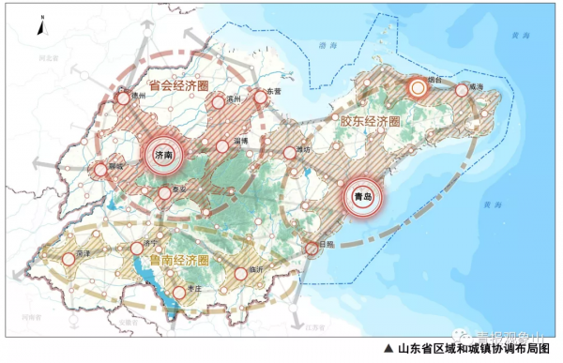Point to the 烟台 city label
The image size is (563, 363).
click(433, 81)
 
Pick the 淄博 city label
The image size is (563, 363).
click(241, 140)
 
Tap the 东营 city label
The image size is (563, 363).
click(274, 90)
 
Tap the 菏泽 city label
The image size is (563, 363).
click(83, 253)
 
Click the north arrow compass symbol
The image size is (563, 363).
click(40, 26)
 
